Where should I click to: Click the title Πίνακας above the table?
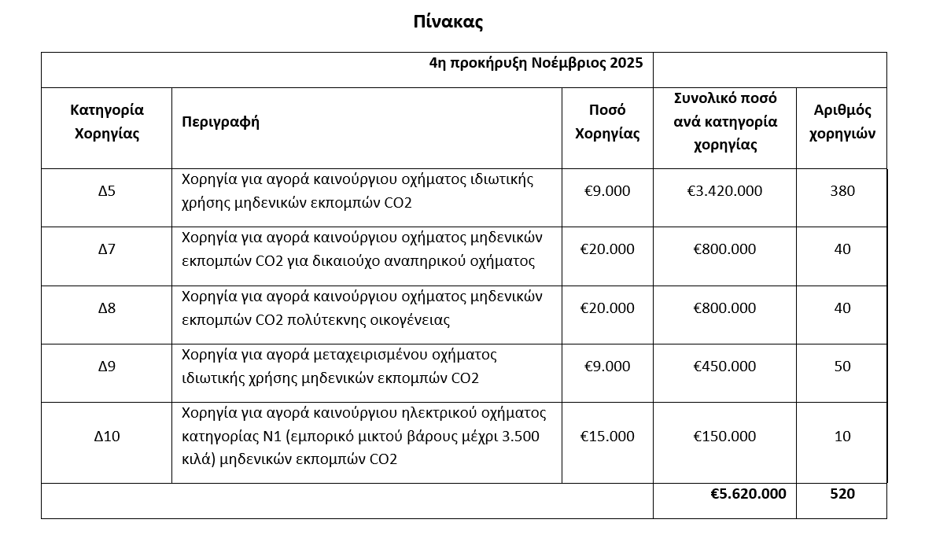tap(448, 22)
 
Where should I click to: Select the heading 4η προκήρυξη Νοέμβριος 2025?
tap(536, 63)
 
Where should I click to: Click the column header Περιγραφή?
tap(220, 122)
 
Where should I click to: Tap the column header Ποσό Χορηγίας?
tap(607, 122)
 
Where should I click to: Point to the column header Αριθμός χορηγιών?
tap(842, 122)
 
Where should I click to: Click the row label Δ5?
tap(106, 191)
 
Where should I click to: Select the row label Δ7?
tap(106, 249)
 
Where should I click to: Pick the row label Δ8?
tap(106, 308)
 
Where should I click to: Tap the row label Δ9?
tap(106, 367)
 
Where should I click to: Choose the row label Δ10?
tap(106, 437)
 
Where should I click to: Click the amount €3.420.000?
tap(724, 191)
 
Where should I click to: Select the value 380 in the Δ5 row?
tap(842, 191)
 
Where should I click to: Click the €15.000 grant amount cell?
tap(607, 437)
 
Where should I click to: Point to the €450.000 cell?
tap(724, 367)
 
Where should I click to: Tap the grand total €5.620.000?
tap(748, 494)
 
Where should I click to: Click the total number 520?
tap(842, 494)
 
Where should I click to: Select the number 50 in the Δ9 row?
tap(842, 367)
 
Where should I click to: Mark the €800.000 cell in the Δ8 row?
tap(724, 308)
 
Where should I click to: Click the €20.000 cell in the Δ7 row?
tap(607, 249)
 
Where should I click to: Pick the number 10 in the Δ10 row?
tap(842, 437)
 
